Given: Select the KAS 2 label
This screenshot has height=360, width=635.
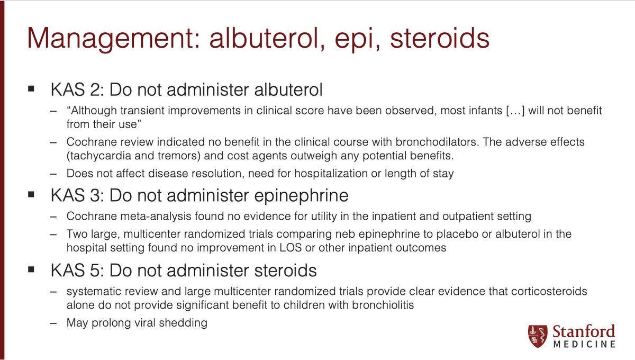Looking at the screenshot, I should point(78,90).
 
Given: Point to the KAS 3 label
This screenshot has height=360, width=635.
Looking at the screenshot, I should point(78,196).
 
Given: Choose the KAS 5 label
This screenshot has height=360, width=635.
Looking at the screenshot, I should point(78,271).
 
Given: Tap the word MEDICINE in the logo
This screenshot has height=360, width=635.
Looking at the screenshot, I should point(584,345).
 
